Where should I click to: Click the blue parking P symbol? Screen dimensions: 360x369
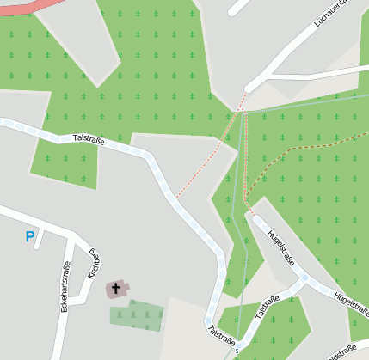[x=31, y=236]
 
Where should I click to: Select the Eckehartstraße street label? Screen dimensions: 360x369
[x=64, y=286]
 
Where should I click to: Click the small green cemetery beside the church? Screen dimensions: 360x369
[x=137, y=314]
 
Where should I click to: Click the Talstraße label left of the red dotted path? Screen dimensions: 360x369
[x=89, y=137]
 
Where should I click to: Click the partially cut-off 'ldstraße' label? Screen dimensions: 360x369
[x=342, y=352]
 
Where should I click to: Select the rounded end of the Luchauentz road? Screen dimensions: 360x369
[x=249, y=88]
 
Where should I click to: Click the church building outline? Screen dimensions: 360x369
[x=116, y=288]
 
